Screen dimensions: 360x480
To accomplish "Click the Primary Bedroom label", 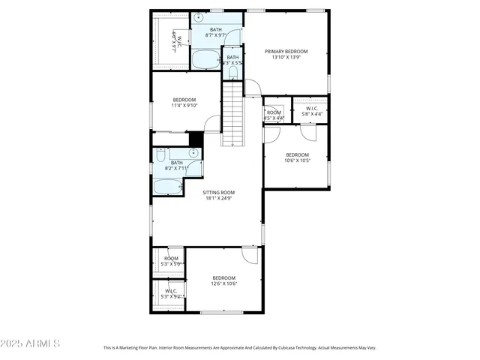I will coord(286,54).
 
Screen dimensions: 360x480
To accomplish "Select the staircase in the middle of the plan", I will coord(234,113).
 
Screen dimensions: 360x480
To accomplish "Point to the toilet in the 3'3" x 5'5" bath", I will coord(232,73).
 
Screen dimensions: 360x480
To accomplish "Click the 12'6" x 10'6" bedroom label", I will coord(223,280).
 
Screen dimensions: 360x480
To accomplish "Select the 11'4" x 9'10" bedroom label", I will coord(184,103).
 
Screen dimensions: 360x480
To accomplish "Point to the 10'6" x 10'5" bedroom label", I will coord(297,157).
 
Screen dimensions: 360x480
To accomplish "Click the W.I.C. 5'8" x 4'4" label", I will coord(310,111).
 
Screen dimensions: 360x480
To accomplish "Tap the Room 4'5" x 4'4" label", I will coord(274,115).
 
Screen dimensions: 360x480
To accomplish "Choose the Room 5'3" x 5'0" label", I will coord(171,261).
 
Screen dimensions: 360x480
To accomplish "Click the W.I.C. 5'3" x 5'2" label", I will coord(171,293).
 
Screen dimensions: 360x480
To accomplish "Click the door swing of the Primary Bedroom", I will coord(253,88).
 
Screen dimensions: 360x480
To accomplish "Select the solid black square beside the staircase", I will coord(196,139).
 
